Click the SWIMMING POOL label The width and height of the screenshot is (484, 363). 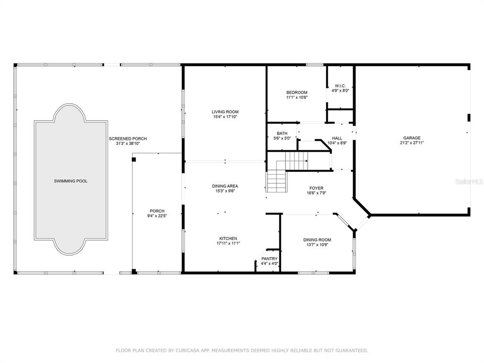coord(71,181)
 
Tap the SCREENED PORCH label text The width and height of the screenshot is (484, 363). coord(128,139)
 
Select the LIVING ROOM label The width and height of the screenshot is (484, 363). coord(225,112)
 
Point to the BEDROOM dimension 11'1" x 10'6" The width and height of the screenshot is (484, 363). coord(297,97)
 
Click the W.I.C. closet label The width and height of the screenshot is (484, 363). coord(340,86)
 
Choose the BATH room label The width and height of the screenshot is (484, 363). coord(282,133)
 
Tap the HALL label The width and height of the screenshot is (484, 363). coord(337,138)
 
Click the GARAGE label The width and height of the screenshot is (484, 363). coord(412,138)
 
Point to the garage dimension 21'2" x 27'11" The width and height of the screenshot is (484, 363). coord(412,143)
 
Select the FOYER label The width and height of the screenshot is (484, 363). coord(317,188)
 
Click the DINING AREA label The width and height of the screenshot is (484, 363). coord(225,186)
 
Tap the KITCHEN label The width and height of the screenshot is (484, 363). coord(228,239)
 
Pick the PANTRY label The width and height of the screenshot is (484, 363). coord(269,259)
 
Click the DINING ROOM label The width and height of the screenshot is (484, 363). coord(317,240)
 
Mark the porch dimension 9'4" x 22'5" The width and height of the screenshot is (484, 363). coord(157,216)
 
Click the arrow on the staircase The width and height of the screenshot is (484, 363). coord(306,161)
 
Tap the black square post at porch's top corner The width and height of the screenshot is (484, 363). coord(134,159)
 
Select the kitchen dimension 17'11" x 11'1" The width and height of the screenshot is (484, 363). coord(228,243)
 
